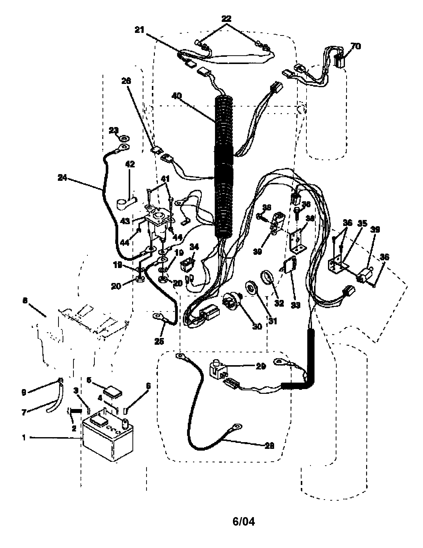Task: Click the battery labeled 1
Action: coord(108,439)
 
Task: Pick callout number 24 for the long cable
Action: coord(62,178)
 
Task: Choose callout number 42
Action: coord(130,164)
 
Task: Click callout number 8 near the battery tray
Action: coord(25,300)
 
